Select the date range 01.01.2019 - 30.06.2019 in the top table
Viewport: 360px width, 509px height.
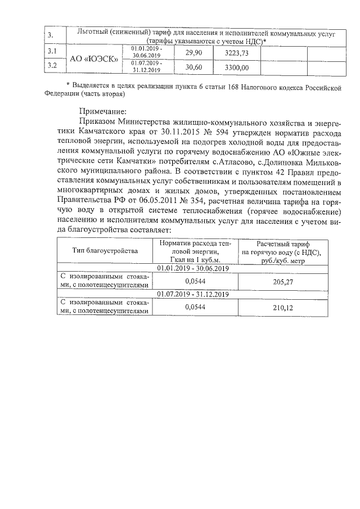point(146,52)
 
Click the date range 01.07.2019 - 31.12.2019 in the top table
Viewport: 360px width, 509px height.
point(146,67)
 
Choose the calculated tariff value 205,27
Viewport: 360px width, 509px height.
point(284,281)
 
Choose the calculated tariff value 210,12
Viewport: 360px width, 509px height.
point(284,308)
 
